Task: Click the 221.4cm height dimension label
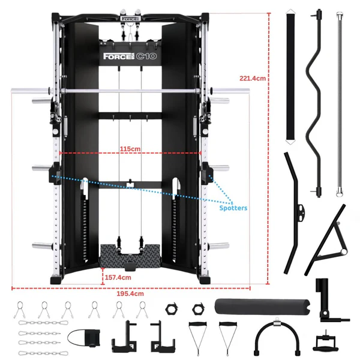(252, 78)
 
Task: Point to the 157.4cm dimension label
(118, 278)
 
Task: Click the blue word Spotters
(232, 208)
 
